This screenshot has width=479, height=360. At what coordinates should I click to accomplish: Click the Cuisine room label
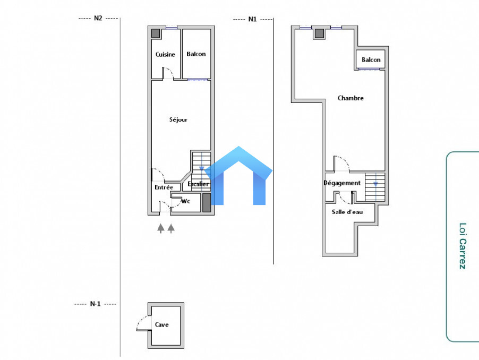point(165,54)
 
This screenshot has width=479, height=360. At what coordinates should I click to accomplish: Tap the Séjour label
point(178,119)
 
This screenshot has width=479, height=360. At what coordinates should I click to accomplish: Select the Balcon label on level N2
point(196,54)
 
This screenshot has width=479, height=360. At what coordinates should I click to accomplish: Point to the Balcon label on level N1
point(371,59)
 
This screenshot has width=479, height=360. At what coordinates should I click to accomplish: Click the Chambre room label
point(350,98)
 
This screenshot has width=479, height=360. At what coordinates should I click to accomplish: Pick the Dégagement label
point(342,183)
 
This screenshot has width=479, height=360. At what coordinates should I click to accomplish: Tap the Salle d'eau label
point(347,212)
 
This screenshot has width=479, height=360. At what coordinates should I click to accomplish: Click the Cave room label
point(161,324)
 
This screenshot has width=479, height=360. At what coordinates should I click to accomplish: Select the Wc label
point(186,201)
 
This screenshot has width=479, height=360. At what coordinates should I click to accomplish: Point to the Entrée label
point(164,187)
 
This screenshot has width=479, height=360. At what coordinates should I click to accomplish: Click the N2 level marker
point(98,18)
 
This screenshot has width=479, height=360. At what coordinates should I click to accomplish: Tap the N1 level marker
point(252,19)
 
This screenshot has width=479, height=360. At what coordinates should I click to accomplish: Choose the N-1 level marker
point(95,304)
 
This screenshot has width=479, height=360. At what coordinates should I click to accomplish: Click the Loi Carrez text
point(463,246)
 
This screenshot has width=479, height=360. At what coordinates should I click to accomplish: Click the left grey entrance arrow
point(161,228)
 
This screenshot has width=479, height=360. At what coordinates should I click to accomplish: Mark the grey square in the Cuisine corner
point(156,33)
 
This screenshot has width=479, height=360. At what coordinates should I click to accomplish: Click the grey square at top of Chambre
point(319,33)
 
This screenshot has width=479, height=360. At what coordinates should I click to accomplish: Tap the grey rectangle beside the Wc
point(207,202)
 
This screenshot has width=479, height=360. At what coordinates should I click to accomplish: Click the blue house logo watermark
point(238,176)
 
